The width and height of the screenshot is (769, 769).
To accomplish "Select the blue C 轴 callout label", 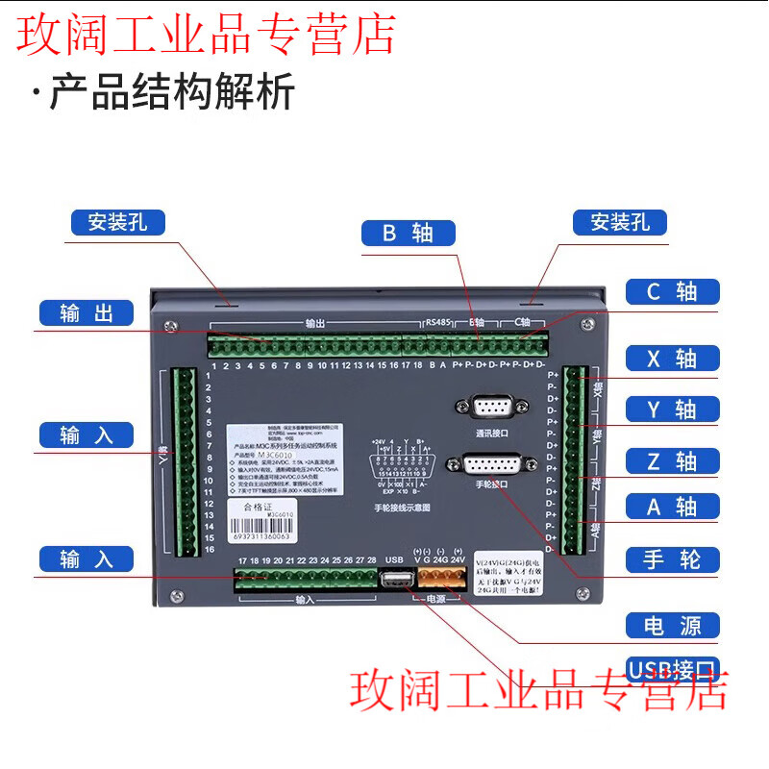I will pos(672,291).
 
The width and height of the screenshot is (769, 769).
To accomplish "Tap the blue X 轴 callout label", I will pos(672,359).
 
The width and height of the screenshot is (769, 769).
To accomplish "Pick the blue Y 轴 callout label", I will pos(672,409).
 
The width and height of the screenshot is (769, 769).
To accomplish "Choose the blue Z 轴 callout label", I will pos(672,460).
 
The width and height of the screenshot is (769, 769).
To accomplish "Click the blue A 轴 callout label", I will pos(672,507).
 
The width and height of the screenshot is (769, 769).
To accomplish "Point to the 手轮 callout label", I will pos(672,559).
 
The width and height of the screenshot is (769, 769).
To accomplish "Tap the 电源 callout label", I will pos(672,627).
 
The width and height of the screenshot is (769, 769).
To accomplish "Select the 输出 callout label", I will pos(87,313).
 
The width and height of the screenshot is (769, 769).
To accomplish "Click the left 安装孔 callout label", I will pos(117,222).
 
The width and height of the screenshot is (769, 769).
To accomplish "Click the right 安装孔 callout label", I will pos(620,222).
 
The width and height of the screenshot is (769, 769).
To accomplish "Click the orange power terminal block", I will pos(440,579).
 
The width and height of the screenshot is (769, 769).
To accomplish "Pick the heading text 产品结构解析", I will pos(172,93).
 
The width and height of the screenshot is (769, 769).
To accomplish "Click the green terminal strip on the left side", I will pos(185,461).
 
